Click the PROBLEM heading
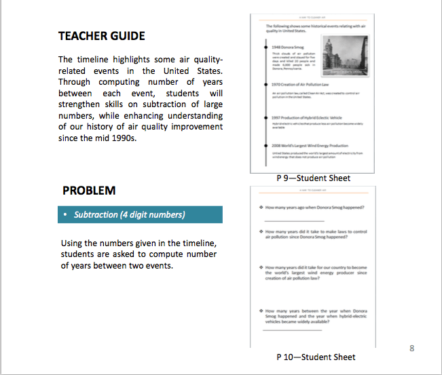[89, 191]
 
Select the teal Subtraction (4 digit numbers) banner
[140, 215]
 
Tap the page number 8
[412, 348]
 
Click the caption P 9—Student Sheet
[313, 178]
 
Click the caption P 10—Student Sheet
[316, 357]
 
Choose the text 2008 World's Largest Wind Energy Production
[310, 145]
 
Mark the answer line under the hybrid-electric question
[290, 330]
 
